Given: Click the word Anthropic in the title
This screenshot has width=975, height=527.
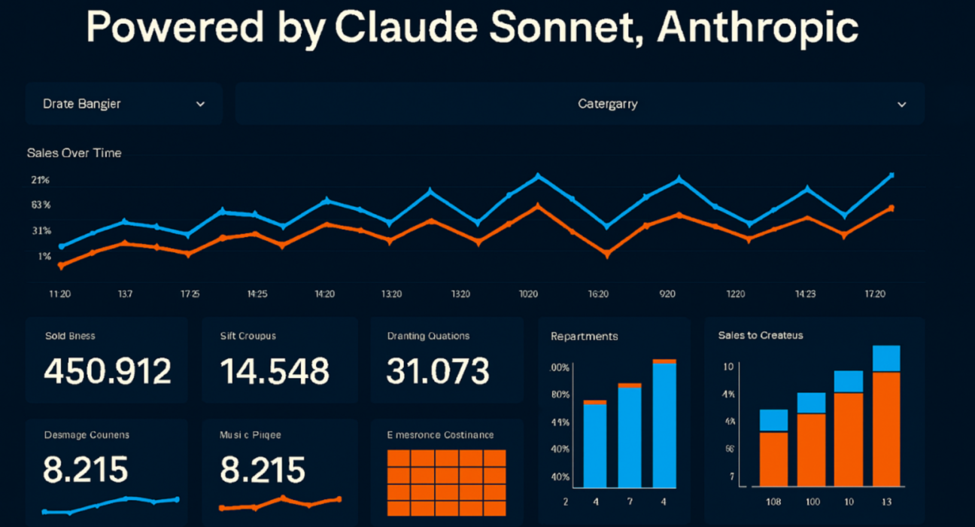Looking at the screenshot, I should coord(758,29).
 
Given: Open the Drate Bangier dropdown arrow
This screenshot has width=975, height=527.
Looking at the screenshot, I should coord(200,104).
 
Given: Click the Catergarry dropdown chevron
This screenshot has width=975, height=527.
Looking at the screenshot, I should coord(902,104).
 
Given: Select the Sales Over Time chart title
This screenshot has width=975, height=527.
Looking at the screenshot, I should coord(74,153).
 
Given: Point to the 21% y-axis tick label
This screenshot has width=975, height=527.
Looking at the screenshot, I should coord(41,180).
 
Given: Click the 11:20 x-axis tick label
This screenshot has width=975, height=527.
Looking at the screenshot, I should coord(60,294).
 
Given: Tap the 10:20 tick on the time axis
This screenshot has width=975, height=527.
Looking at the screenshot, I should coord(528,294).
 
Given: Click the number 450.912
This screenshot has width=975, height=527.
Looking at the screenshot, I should coord(108,371).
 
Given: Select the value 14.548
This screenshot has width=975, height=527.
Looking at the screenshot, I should coord(275,371).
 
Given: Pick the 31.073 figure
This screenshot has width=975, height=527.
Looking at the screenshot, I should coord(438,371).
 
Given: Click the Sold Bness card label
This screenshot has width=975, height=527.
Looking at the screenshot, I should coord(70,336).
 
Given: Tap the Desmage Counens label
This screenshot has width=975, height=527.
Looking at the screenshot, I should coord(87,434).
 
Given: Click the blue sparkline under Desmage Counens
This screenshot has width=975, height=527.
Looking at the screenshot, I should coord(111,504).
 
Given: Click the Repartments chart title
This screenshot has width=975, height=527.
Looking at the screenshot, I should coord(584,336).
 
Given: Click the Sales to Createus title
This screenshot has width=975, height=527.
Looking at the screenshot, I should coord(761,335).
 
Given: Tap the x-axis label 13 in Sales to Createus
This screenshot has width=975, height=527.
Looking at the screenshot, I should coord(886,501).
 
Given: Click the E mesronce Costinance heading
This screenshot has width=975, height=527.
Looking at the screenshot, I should coord(440,434).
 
